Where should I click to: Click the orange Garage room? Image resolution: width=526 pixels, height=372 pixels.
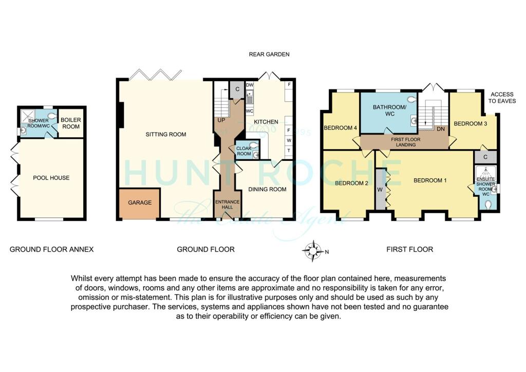140,203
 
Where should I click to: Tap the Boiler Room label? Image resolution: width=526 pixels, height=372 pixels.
71,123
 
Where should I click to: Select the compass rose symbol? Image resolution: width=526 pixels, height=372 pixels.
312,251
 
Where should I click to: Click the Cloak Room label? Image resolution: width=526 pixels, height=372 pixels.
243,151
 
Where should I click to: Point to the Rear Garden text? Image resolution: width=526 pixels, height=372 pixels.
269,54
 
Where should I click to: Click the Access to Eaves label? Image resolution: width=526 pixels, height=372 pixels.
502,98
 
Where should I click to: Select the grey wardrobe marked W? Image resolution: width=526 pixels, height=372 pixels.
381,189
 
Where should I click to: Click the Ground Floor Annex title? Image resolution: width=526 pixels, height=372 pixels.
51,249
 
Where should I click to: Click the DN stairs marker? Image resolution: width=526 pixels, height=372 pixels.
440,129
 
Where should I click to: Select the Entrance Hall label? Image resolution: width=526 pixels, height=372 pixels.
227,205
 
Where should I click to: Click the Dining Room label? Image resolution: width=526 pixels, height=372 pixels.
267,189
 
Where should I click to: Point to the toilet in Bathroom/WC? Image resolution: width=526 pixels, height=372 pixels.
410,99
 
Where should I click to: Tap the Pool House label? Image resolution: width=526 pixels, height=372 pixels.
51,178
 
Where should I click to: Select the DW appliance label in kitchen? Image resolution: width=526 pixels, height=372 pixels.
250,85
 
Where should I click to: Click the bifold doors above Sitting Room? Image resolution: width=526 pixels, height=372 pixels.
154,75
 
